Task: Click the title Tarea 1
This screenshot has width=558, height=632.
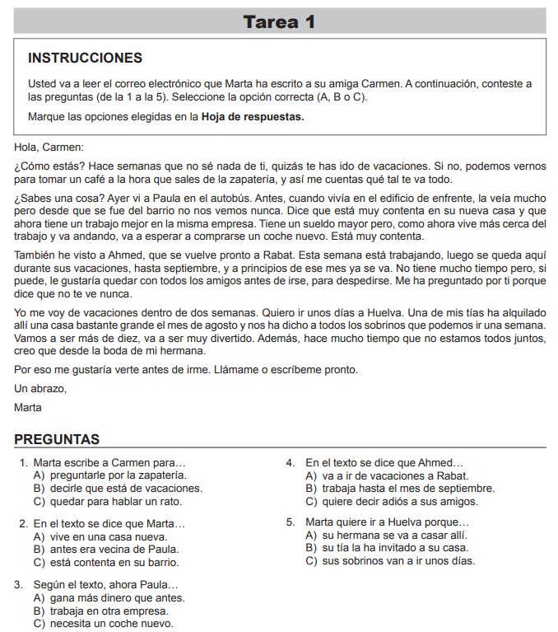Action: click(279, 22)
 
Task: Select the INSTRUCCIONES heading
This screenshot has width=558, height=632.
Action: click(85, 59)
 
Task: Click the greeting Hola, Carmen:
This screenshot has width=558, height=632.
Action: click(49, 147)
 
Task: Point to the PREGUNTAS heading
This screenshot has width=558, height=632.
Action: click(57, 439)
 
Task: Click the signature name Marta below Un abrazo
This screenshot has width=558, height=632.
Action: click(28, 407)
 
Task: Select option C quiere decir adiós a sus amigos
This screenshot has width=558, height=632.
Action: click(391, 501)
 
